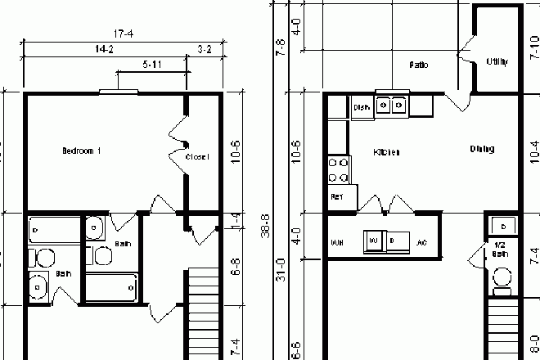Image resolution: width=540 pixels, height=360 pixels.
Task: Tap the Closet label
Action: pyautogui.click(x=197, y=156)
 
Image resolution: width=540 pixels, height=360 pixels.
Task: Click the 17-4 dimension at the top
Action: pyautogui.click(x=124, y=34)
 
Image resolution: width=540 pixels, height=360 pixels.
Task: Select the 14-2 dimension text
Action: pyautogui.click(x=104, y=50)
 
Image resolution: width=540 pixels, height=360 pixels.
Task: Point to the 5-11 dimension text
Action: pyautogui.click(x=151, y=64)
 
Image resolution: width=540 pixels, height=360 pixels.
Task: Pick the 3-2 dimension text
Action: pyautogui.click(x=205, y=50)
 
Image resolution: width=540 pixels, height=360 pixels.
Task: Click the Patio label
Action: pyautogui.click(x=419, y=65)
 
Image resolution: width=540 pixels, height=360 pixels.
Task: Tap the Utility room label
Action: pyautogui.click(x=497, y=61)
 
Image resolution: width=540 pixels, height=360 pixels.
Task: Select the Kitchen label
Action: pyautogui.click(x=387, y=152)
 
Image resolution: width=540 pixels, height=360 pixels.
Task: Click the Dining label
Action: pyautogui.click(x=482, y=149)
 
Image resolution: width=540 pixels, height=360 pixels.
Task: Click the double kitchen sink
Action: pyautogui.click(x=391, y=105)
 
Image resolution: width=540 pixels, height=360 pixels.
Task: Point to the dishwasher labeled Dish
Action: pyautogui.click(x=362, y=107)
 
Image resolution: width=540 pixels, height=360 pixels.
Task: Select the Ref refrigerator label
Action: pyautogui.click(x=337, y=197)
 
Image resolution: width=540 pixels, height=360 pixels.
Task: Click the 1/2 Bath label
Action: pyautogui.click(x=498, y=249)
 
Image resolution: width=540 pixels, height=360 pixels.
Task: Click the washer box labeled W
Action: pyautogui.click(x=373, y=241)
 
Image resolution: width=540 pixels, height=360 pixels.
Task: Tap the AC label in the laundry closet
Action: pyautogui.click(x=421, y=242)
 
